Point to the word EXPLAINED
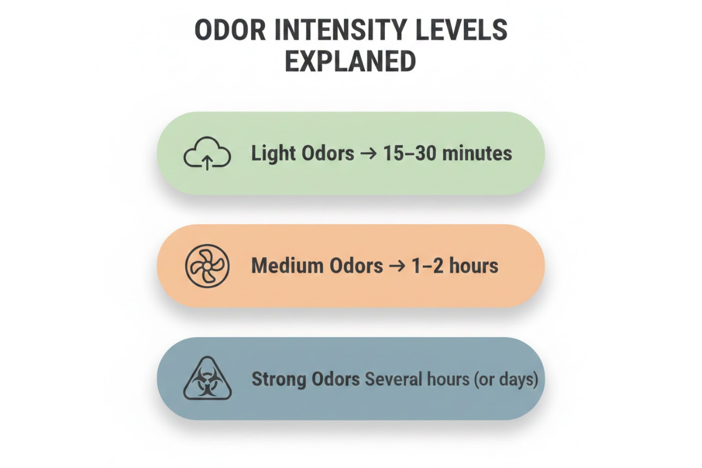pos(350,61)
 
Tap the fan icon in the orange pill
pos(207,266)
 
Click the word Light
pos(273,154)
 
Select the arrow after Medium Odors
pos(397,266)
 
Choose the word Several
pos(391,380)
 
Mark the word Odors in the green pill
pos(325,154)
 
